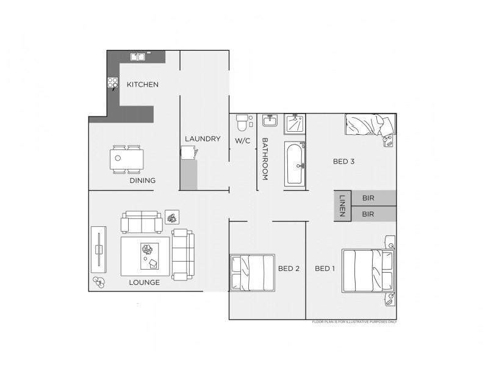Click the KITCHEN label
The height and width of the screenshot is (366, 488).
(142, 85)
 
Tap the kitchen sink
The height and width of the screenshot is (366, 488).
(137, 56)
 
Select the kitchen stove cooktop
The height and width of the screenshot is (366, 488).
(113, 83)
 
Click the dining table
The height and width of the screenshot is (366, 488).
(129, 160)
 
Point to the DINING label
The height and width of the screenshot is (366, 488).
(142, 181)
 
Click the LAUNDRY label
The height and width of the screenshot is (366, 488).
(203, 139)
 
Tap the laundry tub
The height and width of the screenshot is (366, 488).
(188, 154)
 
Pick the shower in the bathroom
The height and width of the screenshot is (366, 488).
(295, 124)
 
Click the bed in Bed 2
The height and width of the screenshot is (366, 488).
(252, 272)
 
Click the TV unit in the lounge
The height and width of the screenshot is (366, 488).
(98, 250)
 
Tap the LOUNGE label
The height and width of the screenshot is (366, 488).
(145, 282)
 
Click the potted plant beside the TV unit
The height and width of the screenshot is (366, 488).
(99, 282)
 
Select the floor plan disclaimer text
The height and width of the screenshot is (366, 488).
(354, 321)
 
